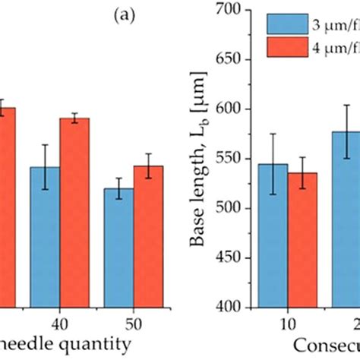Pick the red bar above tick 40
click(74, 213)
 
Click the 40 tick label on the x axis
click(59, 323)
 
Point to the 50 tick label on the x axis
click(133, 323)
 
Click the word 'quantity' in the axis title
click(95, 345)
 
